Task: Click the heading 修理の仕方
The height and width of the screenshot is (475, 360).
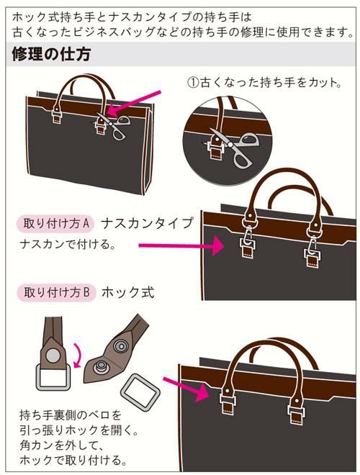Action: click(51, 55)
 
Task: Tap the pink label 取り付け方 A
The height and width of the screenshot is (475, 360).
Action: click(55, 224)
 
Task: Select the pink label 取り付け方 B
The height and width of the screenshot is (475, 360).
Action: click(56, 293)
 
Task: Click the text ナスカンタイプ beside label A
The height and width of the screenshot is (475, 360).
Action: click(147, 224)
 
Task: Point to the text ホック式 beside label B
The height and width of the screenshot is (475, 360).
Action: click(128, 293)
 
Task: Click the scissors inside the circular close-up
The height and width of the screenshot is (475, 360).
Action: click(235, 147)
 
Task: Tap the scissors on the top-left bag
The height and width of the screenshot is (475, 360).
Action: click(114, 125)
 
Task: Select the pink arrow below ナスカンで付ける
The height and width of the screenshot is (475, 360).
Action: click(181, 245)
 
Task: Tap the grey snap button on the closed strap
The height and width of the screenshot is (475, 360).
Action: click(53, 355)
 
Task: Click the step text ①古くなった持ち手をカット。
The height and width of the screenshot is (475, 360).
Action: click(264, 82)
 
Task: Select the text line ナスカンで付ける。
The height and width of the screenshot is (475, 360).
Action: click(68, 244)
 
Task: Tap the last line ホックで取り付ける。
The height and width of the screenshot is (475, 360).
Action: click(73, 461)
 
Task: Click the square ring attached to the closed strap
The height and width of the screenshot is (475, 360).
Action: click(54, 377)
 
